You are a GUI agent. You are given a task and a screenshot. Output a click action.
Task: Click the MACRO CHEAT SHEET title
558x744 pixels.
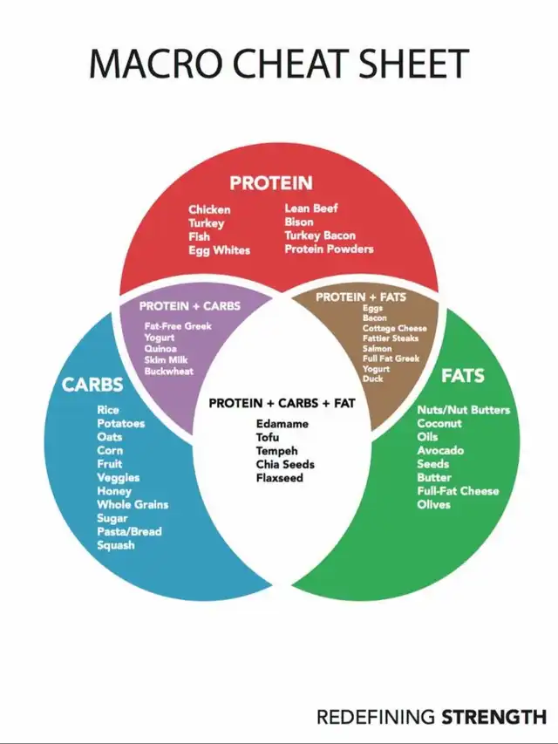pyautogui.click(x=279, y=63)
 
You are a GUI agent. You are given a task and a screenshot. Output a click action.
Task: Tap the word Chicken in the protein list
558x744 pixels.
pyautogui.click(x=209, y=209)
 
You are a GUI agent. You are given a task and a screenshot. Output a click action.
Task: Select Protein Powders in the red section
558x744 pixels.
pyautogui.click(x=329, y=249)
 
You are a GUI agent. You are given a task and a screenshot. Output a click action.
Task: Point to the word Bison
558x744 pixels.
pyautogui.click(x=299, y=222)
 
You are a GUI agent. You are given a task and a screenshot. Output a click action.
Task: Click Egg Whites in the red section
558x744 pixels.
pyautogui.click(x=219, y=250)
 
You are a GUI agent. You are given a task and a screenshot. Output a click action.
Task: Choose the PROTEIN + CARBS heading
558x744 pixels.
pyautogui.click(x=190, y=306)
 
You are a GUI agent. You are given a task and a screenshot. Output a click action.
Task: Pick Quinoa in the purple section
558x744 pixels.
pyautogui.click(x=160, y=348)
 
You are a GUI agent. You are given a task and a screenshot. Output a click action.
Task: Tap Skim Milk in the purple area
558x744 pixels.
pyautogui.click(x=166, y=359)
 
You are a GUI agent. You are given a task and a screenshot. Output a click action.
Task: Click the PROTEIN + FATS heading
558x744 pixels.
pyautogui.click(x=361, y=297)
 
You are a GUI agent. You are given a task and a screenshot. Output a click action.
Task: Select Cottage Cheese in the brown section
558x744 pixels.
pyautogui.click(x=395, y=328)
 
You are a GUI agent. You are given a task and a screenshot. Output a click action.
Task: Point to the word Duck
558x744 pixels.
pyautogui.click(x=373, y=379)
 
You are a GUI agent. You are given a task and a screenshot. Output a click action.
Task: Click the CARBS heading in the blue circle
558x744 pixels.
pyautogui.click(x=92, y=385)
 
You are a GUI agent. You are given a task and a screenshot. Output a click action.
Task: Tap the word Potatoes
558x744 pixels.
pyautogui.click(x=121, y=423)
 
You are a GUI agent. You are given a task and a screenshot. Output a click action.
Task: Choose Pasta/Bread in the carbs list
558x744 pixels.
pyautogui.click(x=130, y=531)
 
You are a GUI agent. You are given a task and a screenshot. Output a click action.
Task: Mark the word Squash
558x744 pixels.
pyautogui.click(x=116, y=545)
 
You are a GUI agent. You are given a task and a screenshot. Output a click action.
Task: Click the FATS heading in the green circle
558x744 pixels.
pyautogui.click(x=463, y=376)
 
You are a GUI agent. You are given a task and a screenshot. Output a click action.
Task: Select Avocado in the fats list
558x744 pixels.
pyautogui.click(x=440, y=450)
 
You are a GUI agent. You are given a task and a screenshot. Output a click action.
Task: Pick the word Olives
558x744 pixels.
pyautogui.click(x=433, y=504)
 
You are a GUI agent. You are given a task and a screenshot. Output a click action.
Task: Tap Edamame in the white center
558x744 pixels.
pyautogui.click(x=282, y=424)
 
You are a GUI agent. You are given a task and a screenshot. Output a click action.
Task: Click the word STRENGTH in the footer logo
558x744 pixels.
pyautogui.click(x=494, y=716)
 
